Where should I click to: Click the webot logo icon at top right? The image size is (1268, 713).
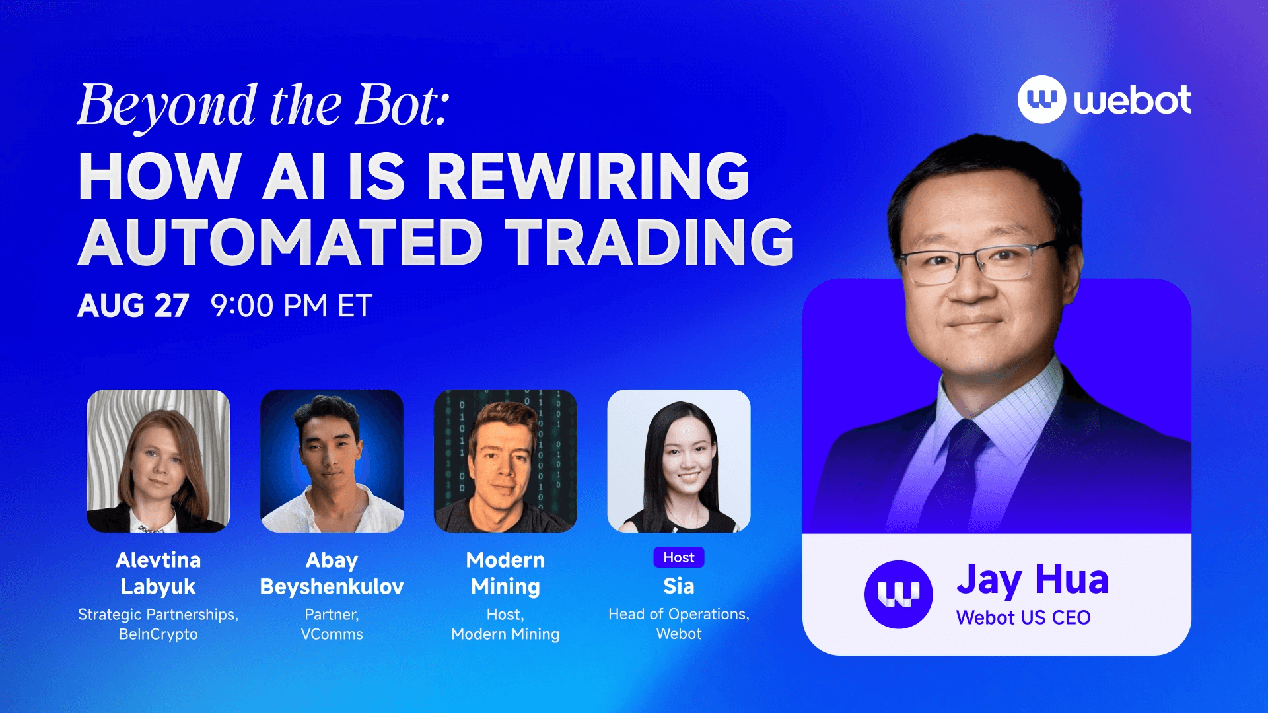1041,100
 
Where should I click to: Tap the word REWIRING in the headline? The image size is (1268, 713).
588,176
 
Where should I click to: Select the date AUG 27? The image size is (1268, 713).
133,306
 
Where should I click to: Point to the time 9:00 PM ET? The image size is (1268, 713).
291,306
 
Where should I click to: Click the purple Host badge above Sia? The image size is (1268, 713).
679,557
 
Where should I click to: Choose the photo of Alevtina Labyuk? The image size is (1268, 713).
158,461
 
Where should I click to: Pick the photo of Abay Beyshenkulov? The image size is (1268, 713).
332,461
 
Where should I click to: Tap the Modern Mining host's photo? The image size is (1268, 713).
505,461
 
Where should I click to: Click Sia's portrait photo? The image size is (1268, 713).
679,461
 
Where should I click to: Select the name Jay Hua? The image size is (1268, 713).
1032,580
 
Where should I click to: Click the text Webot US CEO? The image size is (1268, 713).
1023,618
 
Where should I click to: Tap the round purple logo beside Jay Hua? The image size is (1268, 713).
898,594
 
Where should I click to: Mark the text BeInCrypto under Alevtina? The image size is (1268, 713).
158,634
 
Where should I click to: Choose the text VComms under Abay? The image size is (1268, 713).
332,634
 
